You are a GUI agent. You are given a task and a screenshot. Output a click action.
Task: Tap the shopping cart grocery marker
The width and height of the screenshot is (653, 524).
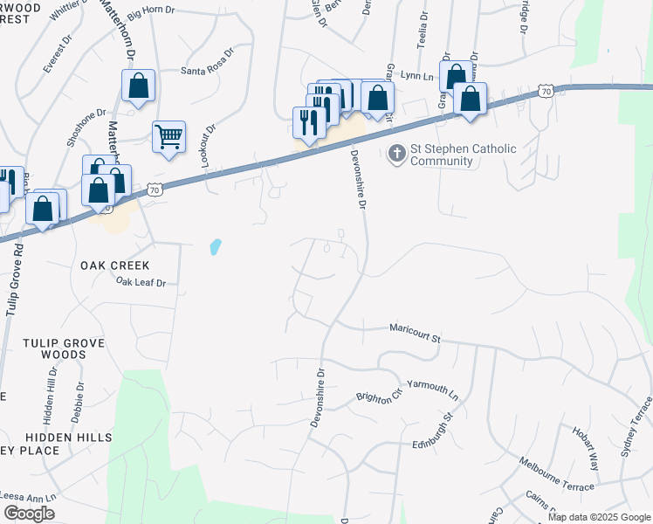(x=168, y=136)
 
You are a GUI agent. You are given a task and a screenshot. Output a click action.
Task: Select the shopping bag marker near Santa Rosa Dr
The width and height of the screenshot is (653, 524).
(x=138, y=86)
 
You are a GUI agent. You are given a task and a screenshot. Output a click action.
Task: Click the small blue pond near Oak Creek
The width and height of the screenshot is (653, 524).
(x=216, y=247)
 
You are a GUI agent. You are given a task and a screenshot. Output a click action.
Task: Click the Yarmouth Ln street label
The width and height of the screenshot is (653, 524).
(x=433, y=389)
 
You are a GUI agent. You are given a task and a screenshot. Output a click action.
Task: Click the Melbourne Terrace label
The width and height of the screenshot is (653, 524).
(x=556, y=473)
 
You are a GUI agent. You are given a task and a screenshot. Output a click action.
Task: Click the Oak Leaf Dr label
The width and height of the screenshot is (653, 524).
(x=141, y=282)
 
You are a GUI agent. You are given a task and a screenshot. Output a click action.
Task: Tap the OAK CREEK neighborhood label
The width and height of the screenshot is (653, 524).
(x=115, y=265)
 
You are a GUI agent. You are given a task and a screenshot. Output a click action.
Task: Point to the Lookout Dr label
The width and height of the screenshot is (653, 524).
(x=210, y=139)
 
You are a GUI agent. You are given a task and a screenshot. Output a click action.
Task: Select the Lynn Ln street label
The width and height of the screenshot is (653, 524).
(x=417, y=77)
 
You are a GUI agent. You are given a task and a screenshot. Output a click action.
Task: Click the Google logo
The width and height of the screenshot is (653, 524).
(x=29, y=514)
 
